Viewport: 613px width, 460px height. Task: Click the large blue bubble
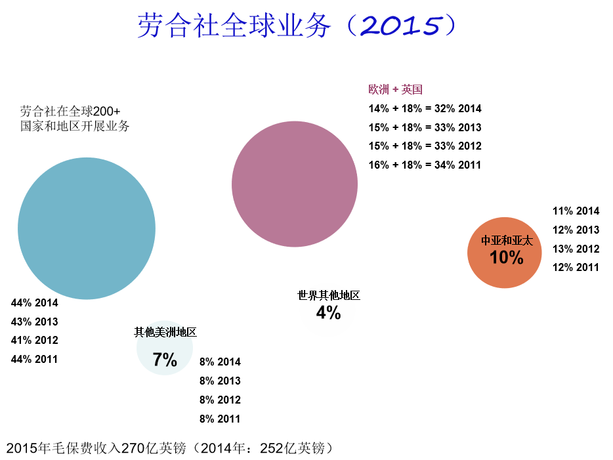point(87,228)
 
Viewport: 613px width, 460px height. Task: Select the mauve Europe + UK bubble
point(295,184)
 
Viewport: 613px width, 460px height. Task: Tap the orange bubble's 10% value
point(507,257)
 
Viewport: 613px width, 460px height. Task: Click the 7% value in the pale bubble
point(165,360)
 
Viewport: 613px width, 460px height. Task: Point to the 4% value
point(328,313)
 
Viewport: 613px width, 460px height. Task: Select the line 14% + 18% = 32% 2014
point(425,109)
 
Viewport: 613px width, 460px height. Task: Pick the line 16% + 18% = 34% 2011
point(425,165)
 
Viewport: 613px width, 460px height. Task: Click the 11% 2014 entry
point(576,211)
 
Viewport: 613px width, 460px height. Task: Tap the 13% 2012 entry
point(576,249)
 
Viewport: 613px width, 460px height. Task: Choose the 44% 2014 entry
point(35,303)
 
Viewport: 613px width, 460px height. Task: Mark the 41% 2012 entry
point(35,340)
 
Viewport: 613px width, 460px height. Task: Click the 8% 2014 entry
point(220,362)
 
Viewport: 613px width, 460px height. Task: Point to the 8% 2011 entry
point(220,419)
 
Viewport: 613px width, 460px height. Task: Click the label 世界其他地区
point(329,296)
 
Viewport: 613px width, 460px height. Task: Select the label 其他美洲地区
point(165,332)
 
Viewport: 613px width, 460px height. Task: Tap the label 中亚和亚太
point(507,241)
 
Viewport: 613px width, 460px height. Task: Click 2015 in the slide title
point(400,26)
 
